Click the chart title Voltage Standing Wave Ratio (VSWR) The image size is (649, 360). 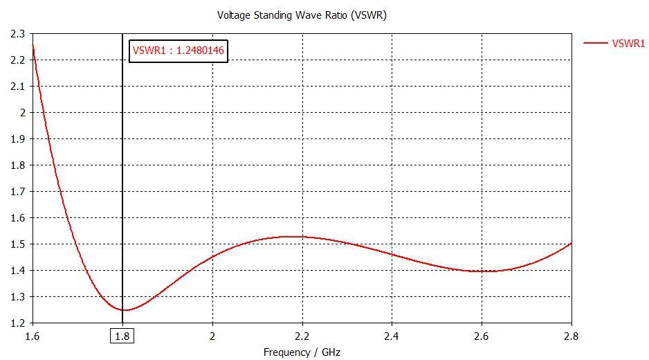[302, 15]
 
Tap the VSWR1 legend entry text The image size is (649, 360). [628, 43]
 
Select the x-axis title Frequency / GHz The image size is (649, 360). [302, 352]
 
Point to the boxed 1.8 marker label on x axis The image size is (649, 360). [122, 336]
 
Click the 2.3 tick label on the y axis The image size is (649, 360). [17, 33]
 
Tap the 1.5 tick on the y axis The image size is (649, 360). [17, 244]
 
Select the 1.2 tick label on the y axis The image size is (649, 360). [17, 323]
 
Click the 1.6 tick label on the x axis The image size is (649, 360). [33, 336]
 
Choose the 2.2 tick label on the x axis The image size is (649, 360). [302, 336]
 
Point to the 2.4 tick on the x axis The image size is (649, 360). [392, 336]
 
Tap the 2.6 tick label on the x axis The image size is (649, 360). [482, 336]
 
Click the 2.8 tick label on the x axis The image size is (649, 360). [572, 336]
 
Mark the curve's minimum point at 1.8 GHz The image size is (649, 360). [123, 309]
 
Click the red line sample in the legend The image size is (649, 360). [595, 43]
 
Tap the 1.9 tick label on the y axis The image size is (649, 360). [17, 138]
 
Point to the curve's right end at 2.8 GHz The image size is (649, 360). [572, 243]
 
